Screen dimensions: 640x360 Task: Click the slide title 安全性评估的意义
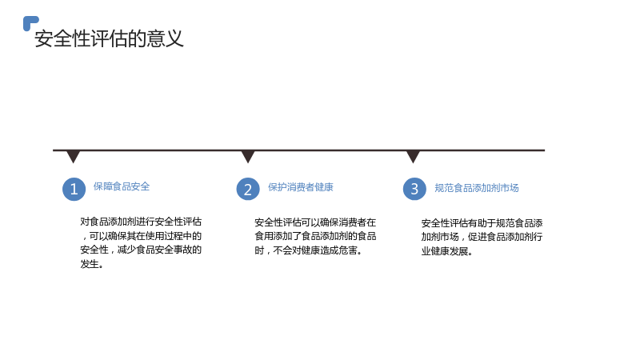109,38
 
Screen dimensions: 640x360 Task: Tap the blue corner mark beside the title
29,22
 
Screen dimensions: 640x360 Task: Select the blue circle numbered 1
74,189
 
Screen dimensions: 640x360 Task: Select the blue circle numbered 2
248,189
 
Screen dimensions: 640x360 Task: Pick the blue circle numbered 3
414,189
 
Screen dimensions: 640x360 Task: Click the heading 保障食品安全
122,186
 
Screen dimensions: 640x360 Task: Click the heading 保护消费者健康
301,187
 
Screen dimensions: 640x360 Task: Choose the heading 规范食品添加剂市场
476,188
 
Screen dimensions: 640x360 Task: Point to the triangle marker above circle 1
73,156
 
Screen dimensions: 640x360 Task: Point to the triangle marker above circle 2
248,156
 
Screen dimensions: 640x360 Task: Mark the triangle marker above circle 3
413,156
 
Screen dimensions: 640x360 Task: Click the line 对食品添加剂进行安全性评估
141,222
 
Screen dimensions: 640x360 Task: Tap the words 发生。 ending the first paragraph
92,264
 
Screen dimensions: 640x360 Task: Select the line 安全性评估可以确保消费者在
315,222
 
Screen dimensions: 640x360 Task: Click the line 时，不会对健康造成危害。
309,250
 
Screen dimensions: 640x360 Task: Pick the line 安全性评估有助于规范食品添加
482,223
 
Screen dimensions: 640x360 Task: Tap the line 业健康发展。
447,251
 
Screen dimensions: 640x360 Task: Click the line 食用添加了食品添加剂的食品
315,236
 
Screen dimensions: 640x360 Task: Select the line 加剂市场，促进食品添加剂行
482,237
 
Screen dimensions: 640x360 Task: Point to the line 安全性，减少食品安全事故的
141,250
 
